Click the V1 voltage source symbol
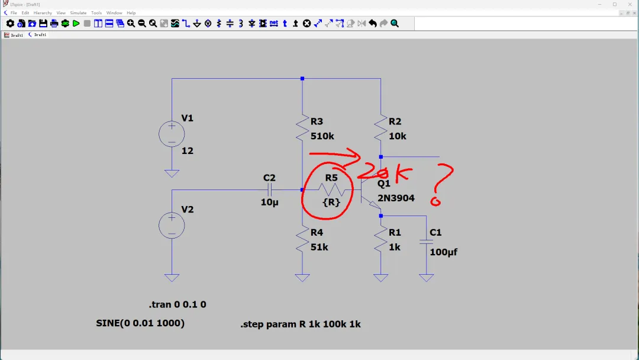[x=172, y=134]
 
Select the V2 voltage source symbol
[x=172, y=226]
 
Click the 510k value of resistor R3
[x=322, y=136]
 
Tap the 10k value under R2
[x=398, y=136]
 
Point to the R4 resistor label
[x=317, y=233]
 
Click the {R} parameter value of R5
[x=331, y=202]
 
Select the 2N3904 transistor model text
[x=396, y=198]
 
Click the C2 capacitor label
[x=269, y=178]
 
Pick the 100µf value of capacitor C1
[x=443, y=252]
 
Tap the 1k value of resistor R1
[x=395, y=247]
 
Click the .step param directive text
[x=301, y=324]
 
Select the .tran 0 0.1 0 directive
[x=177, y=305]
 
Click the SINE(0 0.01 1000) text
[x=140, y=323]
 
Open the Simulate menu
[x=78, y=12]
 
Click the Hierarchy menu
[x=43, y=12]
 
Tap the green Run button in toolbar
[x=76, y=24]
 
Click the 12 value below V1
[x=187, y=151]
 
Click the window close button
[x=629, y=4]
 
